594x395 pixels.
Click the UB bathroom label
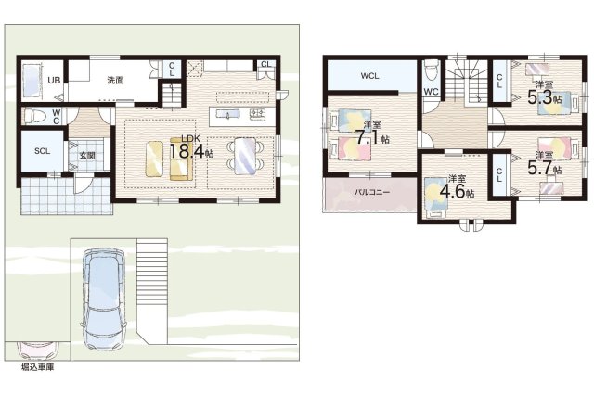click(x=54, y=81)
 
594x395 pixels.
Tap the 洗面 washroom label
click(x=115, y=81)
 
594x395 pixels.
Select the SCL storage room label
click(x=42, y=151)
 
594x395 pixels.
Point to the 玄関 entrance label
click(x=87, y=156)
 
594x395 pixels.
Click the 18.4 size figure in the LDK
click(x=187, y=151)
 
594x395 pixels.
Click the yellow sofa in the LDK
click(x=179, y=159)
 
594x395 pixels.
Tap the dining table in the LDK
click(x=245, y=157)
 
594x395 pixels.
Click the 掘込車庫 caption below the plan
click(x=37, y=367)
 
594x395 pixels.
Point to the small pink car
click(x=37, y=350)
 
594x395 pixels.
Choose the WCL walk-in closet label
click(x=369, y=76)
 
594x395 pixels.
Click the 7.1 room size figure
click(x=368, y=137)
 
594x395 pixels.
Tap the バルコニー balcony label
click(x=372, y=192)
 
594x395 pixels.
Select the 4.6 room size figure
click(x=452, y=191)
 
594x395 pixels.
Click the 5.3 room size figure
click(x=540, y=98)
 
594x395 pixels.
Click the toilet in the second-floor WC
click(x=431, y=71)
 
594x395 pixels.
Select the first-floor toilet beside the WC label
click(x=33, y=116)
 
